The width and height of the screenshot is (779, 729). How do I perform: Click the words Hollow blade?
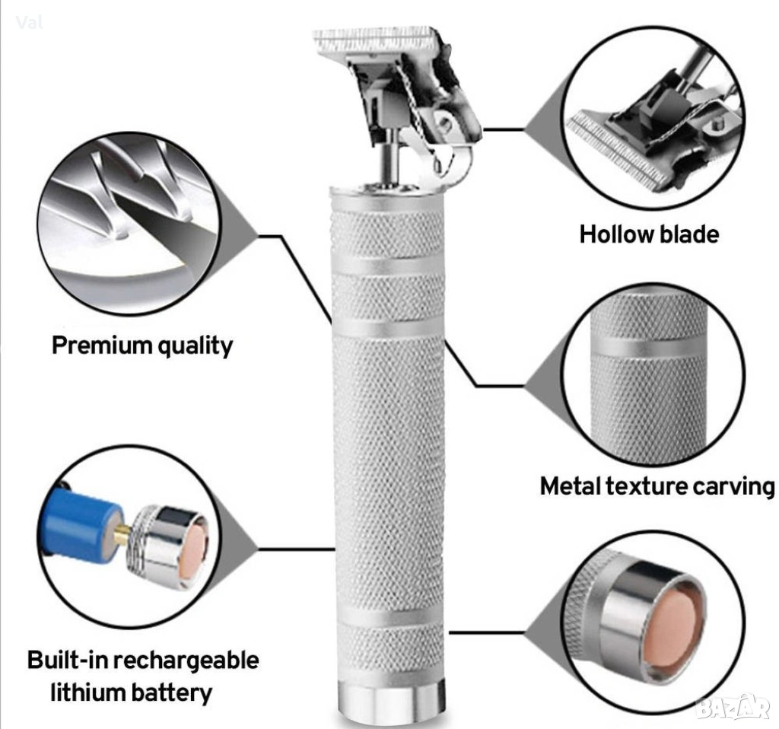[x=649, y=234]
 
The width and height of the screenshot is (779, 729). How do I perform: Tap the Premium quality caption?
[x=142, y=345]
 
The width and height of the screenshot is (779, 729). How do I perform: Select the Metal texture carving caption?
[x=657, y=486]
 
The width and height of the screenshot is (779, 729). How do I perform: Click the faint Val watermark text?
[x=29, y=22]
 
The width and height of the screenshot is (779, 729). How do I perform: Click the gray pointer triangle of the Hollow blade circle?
[x=543, y=129]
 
